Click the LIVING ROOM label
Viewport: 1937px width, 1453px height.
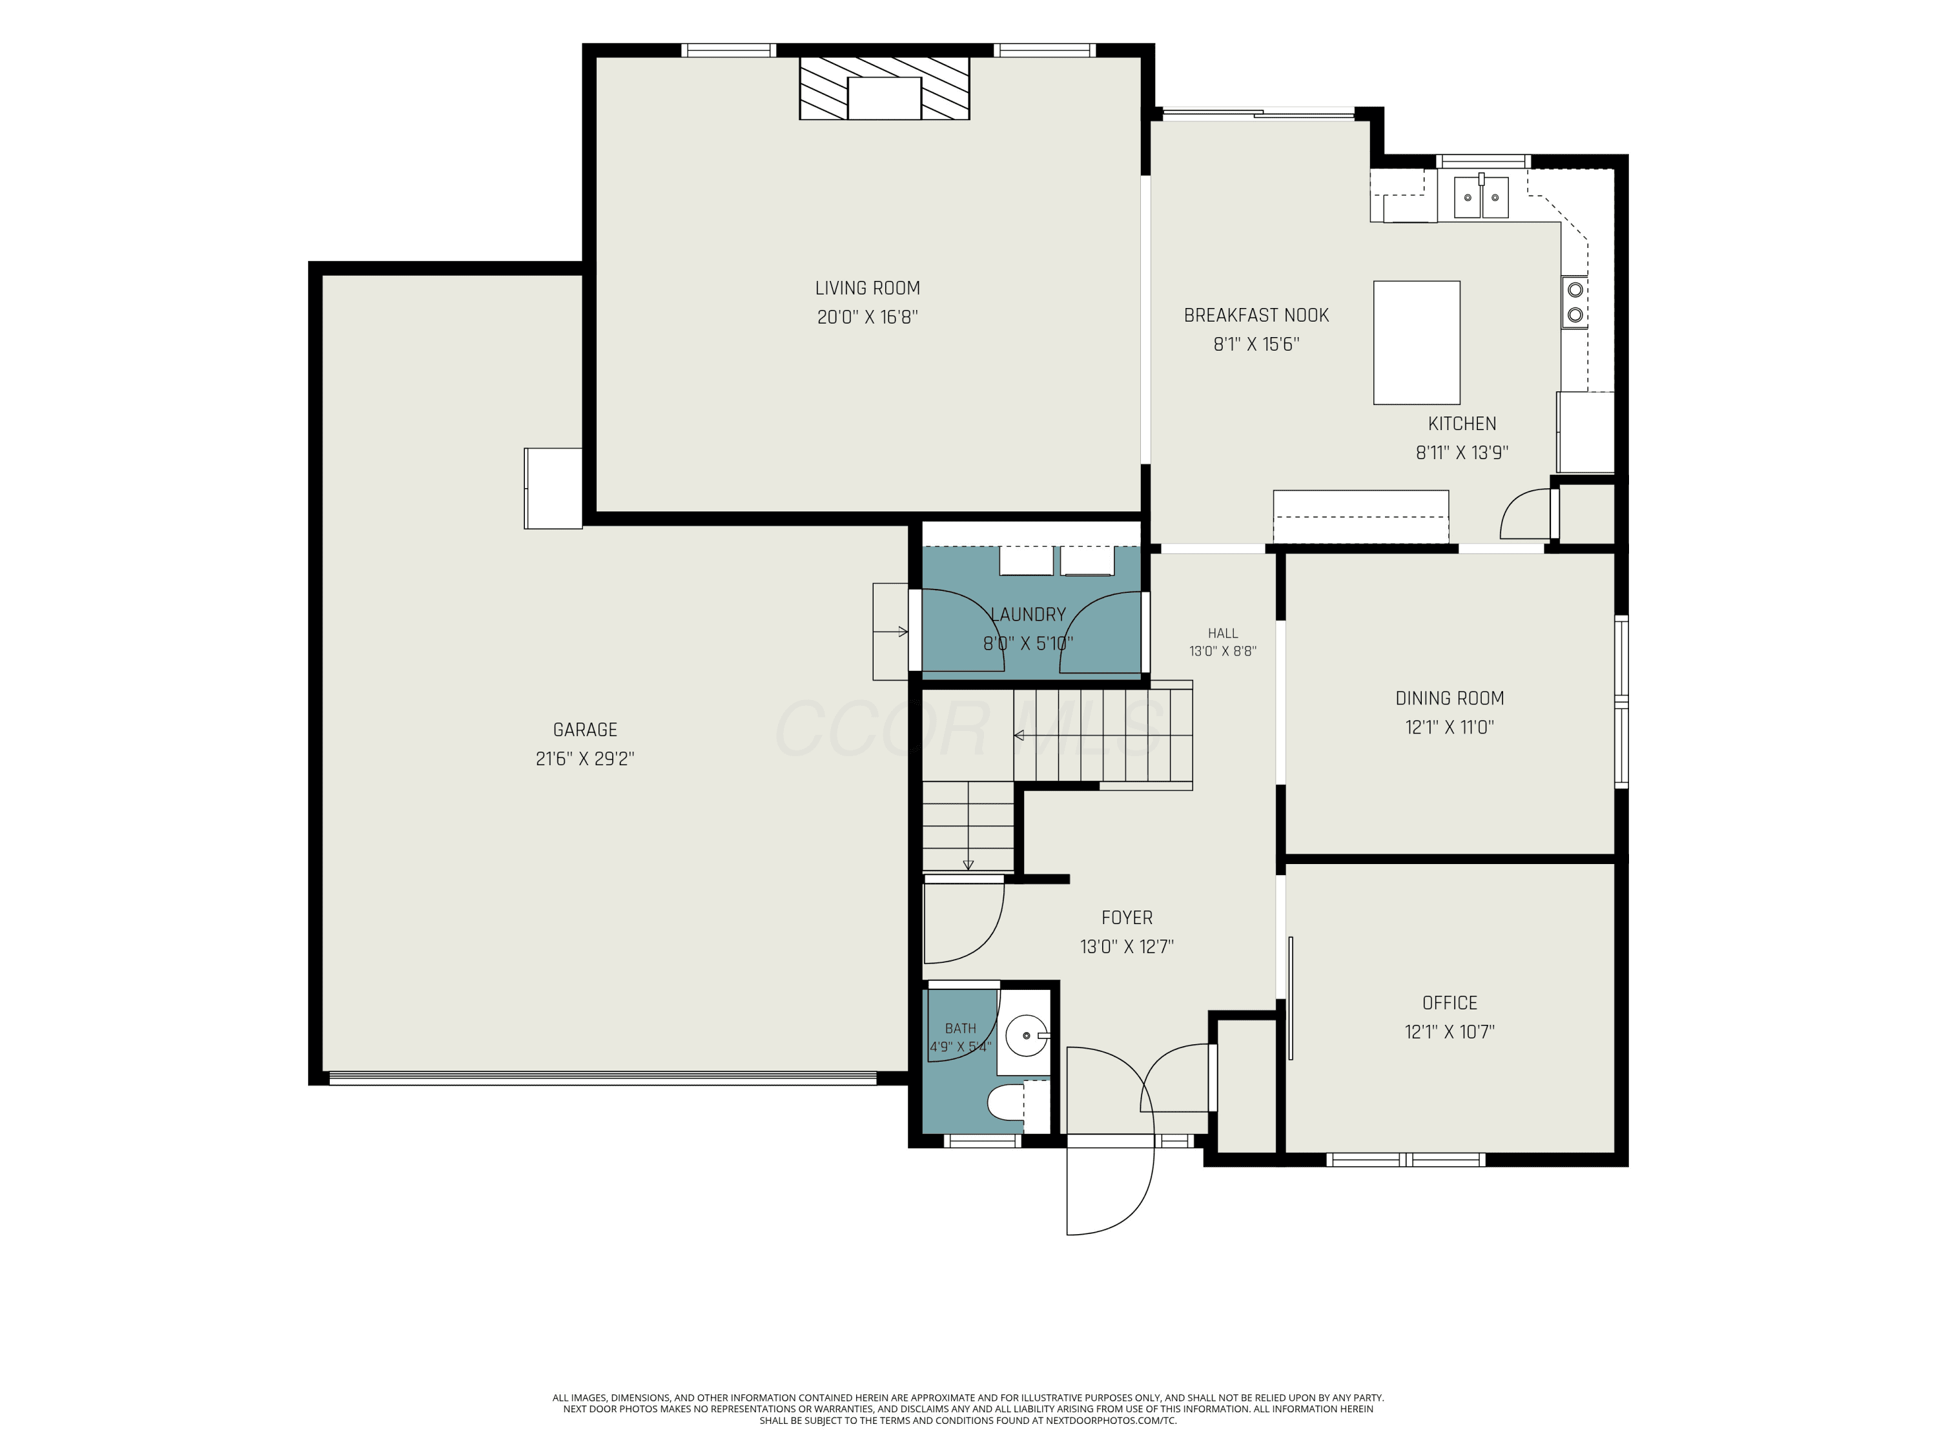tap(867, 288)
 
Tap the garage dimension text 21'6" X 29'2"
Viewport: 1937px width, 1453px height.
tap(585, 759)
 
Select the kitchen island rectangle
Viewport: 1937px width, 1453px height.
tap(1416, 342)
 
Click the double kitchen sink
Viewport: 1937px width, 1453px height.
tap(1482, 197)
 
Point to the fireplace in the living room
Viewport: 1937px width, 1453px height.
tap(885, 88)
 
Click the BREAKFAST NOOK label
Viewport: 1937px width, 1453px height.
tap(1256, 315)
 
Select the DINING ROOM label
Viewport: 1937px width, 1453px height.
tap(1450, 698)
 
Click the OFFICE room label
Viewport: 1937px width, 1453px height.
tap(1450, 1003)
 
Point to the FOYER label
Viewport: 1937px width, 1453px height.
tap(1127, 918)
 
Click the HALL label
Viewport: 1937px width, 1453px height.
tap(1222, 634)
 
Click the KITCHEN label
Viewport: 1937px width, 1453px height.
tap(1462, 424)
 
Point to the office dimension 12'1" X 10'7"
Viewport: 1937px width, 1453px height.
tap(1450, 1032)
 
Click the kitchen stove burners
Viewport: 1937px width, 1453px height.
tap(1575, 300)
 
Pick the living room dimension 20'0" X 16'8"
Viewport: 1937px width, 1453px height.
tap(867, 317)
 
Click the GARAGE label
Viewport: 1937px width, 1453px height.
tap(585, 730)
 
